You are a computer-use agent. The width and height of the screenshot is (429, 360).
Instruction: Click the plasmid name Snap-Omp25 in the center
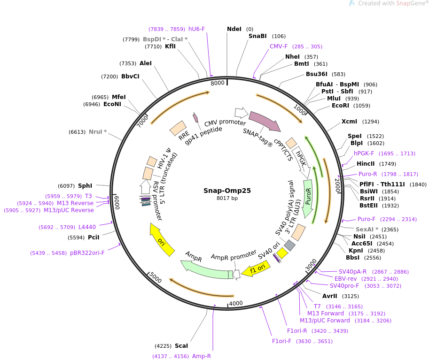pyautogui.click(x=227, y=191)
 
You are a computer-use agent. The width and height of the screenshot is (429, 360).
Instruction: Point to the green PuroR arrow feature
pyautogui.click(x=308, y=198)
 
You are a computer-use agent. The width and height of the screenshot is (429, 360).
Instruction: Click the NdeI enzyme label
pyautogui.click(x=234, y=29)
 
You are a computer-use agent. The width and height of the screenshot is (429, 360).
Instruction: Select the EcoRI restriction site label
pyautogui.click(x=340, y=106)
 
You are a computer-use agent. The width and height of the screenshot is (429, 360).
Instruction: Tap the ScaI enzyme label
pyautogui.click(x=181, y=346)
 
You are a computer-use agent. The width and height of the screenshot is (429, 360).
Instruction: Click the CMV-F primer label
pyautogui.click(x=279, y=46)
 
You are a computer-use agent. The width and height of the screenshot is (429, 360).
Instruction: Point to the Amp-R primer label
pyautogui.click(x=202, y=356)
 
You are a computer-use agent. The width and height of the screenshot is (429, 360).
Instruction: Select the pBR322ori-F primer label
pyautogui.click(x=87, y=253)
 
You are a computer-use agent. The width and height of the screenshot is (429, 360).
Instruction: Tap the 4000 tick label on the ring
pyautogui.click(x=236, y=303)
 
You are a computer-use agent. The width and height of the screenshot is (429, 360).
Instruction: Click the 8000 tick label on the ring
pyautogui.click(x=218, y=83)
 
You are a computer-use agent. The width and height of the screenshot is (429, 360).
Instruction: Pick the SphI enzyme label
pyautogui.click(x=85, y=186)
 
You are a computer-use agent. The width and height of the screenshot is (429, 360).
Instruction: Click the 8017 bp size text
pyautogui.click(x=227, y=199)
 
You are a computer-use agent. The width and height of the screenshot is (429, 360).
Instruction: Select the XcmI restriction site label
pyautogui.click(x=349, y=122)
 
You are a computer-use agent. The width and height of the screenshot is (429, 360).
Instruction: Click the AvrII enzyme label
pyautogui.click(x=330, y=296)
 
